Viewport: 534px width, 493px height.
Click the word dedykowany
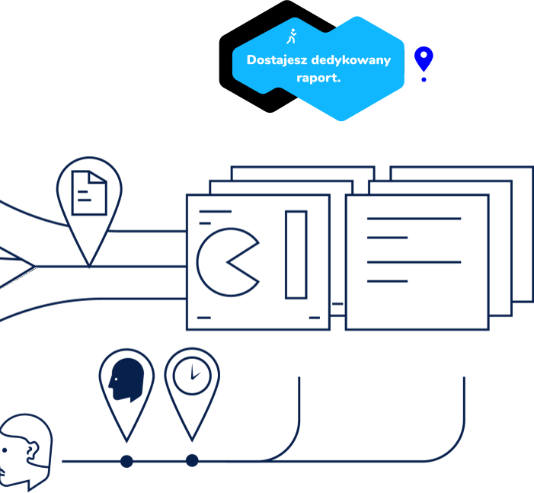(x=350, y=60)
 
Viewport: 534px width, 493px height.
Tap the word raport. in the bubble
(x=318, y=78)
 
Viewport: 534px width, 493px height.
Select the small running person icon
(x=291, y=37)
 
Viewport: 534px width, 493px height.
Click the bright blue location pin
(x=424, y=59)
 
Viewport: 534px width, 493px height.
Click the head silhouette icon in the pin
(x=126, y=379)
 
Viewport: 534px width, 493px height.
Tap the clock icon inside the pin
(x=192, y=375)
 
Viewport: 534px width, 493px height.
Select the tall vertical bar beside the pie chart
(x=296, y=255)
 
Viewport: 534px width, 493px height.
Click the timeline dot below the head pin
(x=126, y=461)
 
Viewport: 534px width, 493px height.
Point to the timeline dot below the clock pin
(x=192, y=461)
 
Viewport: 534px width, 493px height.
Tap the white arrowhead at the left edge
(x=14, y=266)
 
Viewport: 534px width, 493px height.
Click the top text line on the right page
(x=414, y=219)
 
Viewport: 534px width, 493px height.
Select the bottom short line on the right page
(x=387, y=282)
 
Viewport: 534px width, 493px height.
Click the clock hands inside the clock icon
(x=193, y=373)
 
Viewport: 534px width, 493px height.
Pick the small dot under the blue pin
(x=424, y=79)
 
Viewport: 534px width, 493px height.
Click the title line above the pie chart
(x=215, y=211)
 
